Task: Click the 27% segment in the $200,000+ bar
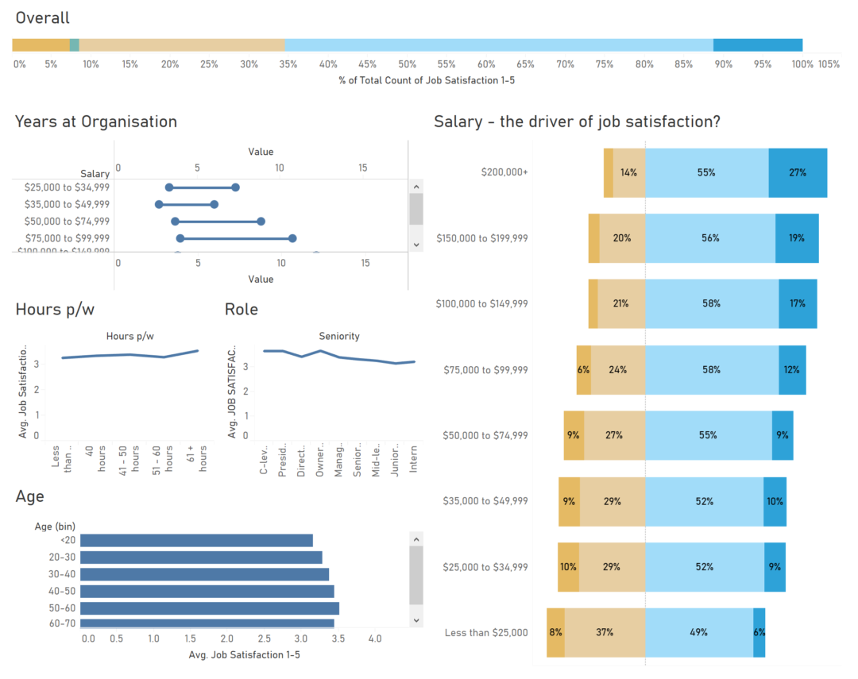coord(798,172)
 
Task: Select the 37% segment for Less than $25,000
coord(605,632)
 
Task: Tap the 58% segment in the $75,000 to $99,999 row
coord(711,369)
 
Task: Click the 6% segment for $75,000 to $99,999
coord(584,369)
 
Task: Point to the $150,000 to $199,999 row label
coord(481,238)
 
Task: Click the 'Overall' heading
coord(43,17)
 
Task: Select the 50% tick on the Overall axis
coord(407,64)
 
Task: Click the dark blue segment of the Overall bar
coord(757,45)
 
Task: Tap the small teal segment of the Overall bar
coord(75,45)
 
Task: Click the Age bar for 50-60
coord(210,608)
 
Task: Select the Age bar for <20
coord(196,541)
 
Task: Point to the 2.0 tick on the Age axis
coord(227,638)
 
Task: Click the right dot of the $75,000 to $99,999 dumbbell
coord(292,238)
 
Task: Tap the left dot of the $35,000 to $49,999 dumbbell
coord(159,204)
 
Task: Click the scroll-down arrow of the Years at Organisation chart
coord(416,244)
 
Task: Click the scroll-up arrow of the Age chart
coord(416,539)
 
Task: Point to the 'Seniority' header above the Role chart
coord(339,336)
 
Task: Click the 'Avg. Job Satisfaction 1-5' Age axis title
coord(244,655)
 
